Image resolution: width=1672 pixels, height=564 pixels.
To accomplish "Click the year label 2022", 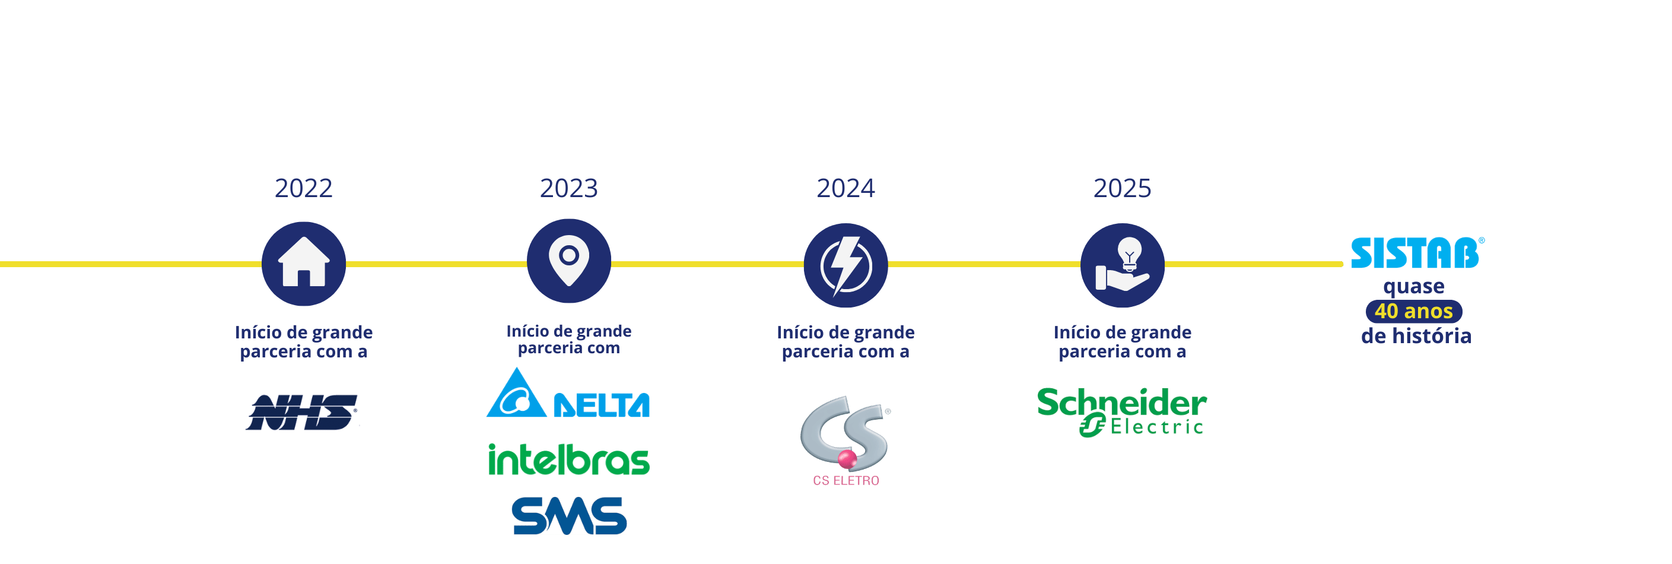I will pos(303,188).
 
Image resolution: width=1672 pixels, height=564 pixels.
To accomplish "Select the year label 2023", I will pos(568,188).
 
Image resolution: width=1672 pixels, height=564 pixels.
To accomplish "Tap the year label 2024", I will pos(845,188).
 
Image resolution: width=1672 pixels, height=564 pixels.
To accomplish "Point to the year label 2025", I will pos(1122,188).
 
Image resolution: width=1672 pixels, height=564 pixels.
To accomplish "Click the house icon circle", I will pos(304,264).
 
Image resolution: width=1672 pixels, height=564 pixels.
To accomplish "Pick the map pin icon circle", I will pos(568,261).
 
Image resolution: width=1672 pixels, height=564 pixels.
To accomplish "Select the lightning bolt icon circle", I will pos(845,266).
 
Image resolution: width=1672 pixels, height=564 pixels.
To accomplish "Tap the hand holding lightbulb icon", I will pos(1122,265).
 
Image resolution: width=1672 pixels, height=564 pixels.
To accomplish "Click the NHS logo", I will pos(303,413).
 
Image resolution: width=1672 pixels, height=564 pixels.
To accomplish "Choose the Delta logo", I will pos(568,394).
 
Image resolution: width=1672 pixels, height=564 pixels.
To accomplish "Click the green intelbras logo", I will pos(568,460).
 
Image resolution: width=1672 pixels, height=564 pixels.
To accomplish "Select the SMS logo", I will pos(569,516).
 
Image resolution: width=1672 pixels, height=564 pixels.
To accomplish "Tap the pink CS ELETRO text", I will pos(845,481).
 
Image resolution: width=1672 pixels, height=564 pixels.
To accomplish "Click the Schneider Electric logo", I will pos(1121,413).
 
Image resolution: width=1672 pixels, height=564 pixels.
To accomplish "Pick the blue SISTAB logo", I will pos(1416,254).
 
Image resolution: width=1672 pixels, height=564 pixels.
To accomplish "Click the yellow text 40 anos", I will pos(1414,311).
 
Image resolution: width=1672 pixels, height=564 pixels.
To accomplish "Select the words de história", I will pos(1416,336).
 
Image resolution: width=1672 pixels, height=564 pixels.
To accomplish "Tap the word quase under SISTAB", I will pos(1414,287).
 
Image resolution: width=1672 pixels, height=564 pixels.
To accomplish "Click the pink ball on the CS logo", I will pos(847,460).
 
